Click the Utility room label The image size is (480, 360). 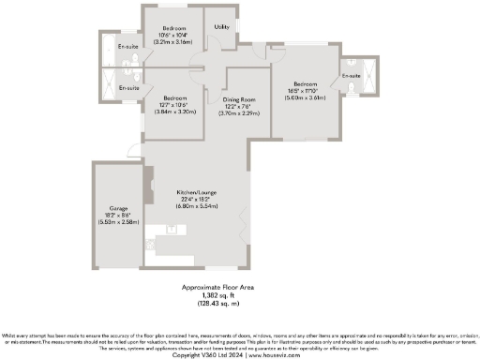222,27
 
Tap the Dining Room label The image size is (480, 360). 239,99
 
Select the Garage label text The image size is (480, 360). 117,208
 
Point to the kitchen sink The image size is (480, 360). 172,228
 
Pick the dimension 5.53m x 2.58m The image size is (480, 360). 117,222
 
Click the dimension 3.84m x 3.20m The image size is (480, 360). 175,112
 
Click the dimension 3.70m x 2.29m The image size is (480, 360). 239,112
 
